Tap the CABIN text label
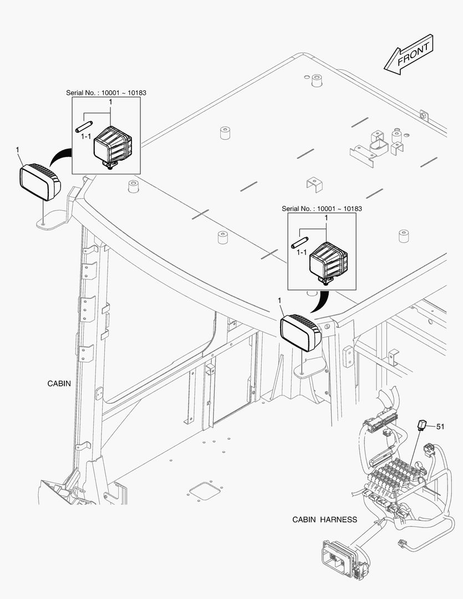(59, 384)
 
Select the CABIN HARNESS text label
(324, 520)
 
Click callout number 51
(440, 427)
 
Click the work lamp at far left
(40, 180)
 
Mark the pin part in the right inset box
(299, 242)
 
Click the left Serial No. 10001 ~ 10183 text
(106, 93)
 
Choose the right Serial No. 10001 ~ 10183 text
(322, 209)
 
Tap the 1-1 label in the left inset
(86, 136)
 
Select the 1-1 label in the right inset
(302, 252)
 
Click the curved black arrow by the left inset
(59, 155)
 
